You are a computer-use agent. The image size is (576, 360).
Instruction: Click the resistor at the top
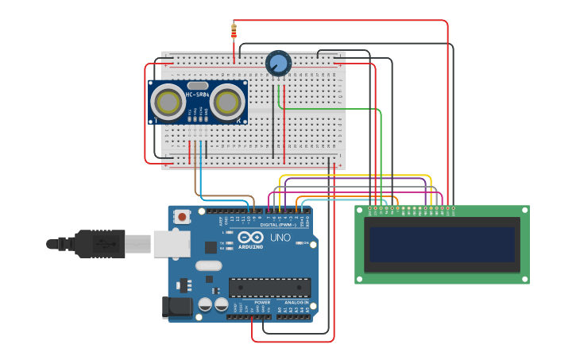click(234, 31)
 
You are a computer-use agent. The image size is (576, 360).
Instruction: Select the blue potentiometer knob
click(278, 63)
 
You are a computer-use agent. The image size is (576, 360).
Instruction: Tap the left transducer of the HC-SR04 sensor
click(168, 102)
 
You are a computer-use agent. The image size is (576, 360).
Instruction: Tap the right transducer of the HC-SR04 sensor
click(227, 102)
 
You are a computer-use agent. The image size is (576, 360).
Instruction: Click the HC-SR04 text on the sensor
click(197, 95)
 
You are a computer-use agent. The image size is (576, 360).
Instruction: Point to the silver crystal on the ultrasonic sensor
click(198, 85)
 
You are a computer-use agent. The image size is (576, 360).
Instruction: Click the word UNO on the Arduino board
click(280, 238)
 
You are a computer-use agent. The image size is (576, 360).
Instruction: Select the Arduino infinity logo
click(250, 238)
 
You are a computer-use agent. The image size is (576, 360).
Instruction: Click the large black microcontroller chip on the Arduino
click(269, 288)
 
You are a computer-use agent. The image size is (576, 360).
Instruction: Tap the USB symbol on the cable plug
click(102, 245)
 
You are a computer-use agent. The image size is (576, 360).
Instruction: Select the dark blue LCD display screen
click(442, 245)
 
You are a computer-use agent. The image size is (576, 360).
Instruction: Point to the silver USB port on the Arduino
click(170, 245)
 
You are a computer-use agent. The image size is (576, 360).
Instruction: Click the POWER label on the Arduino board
click(262, 303)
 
